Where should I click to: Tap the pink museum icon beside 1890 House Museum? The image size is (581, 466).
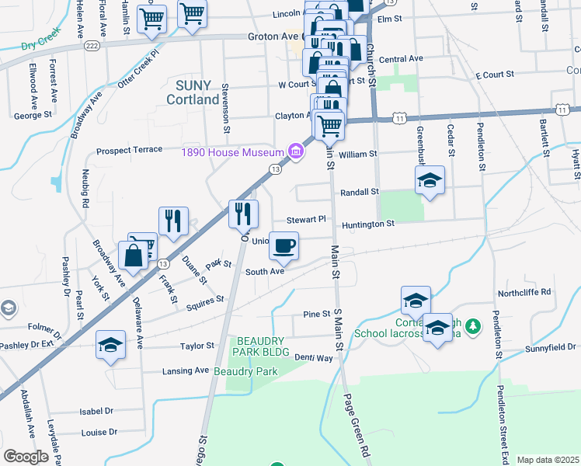pyautogui.click(x=295, y=152)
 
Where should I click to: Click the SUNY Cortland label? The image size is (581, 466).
pyautogui.click(x=192, y=92)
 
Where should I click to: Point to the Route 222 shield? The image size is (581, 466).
pyautogui.click(x=92, y=47)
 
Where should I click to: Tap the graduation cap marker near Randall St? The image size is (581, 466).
pyautogui.click(x=430, y=181)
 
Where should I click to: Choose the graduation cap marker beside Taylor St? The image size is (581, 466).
pyautogui.click(x=111, y=345)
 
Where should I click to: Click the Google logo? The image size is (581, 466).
pyautogui.click(x=26, y=457)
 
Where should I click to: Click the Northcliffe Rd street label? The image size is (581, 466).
pyautogui.click(x=524, y=292)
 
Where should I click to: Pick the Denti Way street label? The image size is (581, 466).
pyautogui.click(x=313, y=358)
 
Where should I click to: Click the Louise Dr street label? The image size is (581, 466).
pyautogui.click(x=99, y=432)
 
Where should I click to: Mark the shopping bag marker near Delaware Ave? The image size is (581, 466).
pyautogui.click(x=134, y=256)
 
